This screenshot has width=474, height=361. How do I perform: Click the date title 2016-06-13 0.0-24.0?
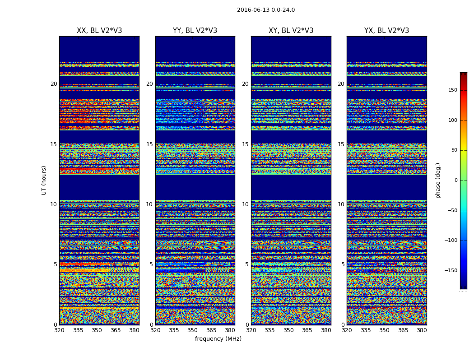(x=265, y=10)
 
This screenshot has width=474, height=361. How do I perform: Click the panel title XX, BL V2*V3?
(x=99, y=31)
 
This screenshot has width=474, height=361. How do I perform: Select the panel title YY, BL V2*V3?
(x=195, y=31)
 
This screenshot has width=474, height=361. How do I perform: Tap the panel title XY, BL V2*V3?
(x=291, y=31)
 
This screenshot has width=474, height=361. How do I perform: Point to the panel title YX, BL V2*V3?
(x=386, y=31)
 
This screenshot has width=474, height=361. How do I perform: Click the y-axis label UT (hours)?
(x=44, y=180)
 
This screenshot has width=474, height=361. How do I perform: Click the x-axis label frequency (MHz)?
(x=218, y=339)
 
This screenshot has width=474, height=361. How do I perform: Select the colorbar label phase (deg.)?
(x=438, y=180)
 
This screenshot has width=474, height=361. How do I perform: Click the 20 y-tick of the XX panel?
(x=54, y=84)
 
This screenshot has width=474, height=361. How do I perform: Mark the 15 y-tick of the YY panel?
(x=149, y=144)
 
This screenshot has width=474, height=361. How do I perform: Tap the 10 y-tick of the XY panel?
(x=245, y=204)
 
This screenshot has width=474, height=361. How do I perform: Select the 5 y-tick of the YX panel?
(x=343, y=264)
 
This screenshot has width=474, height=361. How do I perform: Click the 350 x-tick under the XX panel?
(x=97, y=330)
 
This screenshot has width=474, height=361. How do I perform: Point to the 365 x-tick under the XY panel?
(x=307, y=330)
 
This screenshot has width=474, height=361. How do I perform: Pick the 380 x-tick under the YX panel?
(x=422, y=330)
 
